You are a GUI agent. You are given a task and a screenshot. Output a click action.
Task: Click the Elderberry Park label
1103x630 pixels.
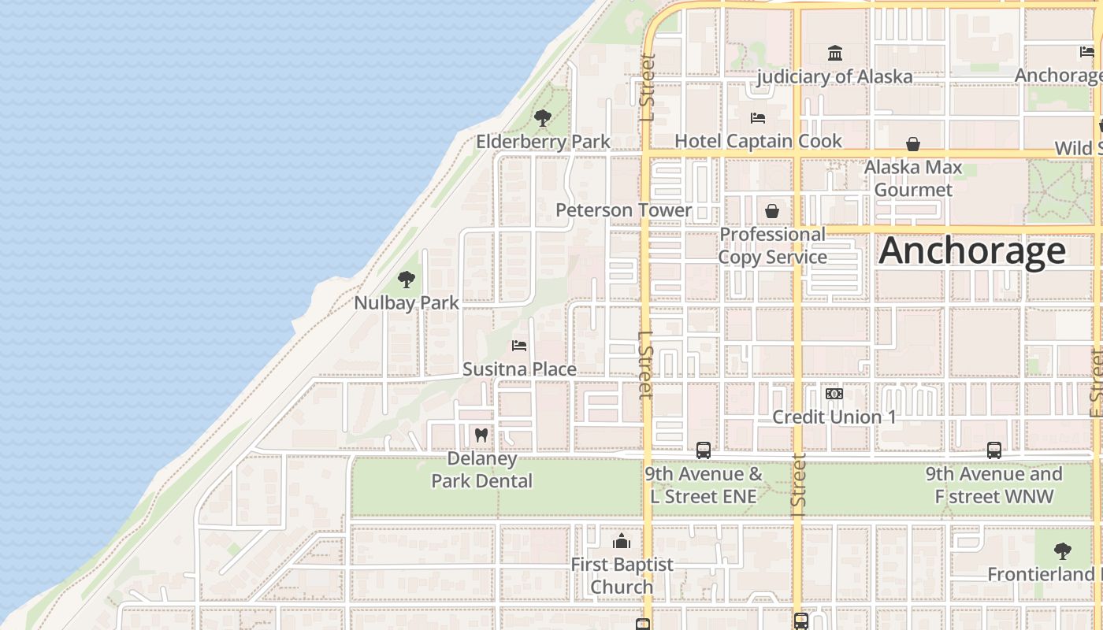pyautogui.click(x=543, y=142)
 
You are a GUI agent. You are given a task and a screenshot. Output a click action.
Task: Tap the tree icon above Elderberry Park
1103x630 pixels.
pyautogui.click(x=542, y=119)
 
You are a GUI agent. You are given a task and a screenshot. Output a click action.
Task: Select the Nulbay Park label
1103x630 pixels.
pyautogui.click(x=406, y=302)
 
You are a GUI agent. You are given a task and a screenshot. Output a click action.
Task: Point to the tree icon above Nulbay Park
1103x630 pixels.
pyautogui.click(x=407, y=280)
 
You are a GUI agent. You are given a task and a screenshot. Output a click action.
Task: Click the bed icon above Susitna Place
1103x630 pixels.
pyautogui.click(x=518, y=346)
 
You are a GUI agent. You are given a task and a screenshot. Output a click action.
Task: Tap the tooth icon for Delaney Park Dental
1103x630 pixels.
pyautogui.click(x=481, y=435)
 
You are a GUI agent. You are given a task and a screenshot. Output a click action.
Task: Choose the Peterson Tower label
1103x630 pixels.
pyautogui.click(x=623, y=210)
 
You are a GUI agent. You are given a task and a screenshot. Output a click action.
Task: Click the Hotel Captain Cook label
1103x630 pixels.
pyautogui.click(x=758, y=141)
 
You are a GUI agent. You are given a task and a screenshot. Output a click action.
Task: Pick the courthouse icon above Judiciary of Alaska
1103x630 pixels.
pyautogui.click(x=834, y=54)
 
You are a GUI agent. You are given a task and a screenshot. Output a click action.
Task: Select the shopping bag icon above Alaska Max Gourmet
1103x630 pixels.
pyautogui.click(x=913, y=144)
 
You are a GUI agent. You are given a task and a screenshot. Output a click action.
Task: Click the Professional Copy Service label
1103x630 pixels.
pyautogui.click(x=772, y=246)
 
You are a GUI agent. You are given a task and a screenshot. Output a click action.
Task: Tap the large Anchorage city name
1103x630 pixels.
pyautogui.click(x=972, y=250)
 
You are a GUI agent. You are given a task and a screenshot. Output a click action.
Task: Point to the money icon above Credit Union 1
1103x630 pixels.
pyautogui.click(x=834, y=394)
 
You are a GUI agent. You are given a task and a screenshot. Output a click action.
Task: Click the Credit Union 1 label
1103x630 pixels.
pyautogui.click(x=834, y=417)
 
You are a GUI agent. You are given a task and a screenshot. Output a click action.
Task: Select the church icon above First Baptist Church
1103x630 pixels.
pyautogui.click(x=622, y=542)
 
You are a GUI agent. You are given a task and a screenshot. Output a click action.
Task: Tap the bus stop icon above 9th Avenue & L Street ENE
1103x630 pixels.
pyautogui.click(x=703, y=450)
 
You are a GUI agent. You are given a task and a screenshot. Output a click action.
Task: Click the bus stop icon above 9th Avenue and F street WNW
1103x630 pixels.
pyautogui.click(x=994, y=450)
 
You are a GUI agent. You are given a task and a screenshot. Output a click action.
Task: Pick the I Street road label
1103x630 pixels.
pyautogui.click(x=798, y=480)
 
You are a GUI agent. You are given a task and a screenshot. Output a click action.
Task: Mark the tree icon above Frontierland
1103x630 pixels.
pyautogui.click(x=1062, y=551)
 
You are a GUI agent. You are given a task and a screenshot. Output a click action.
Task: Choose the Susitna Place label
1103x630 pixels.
pyautogui.click(x=519, y=369)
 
